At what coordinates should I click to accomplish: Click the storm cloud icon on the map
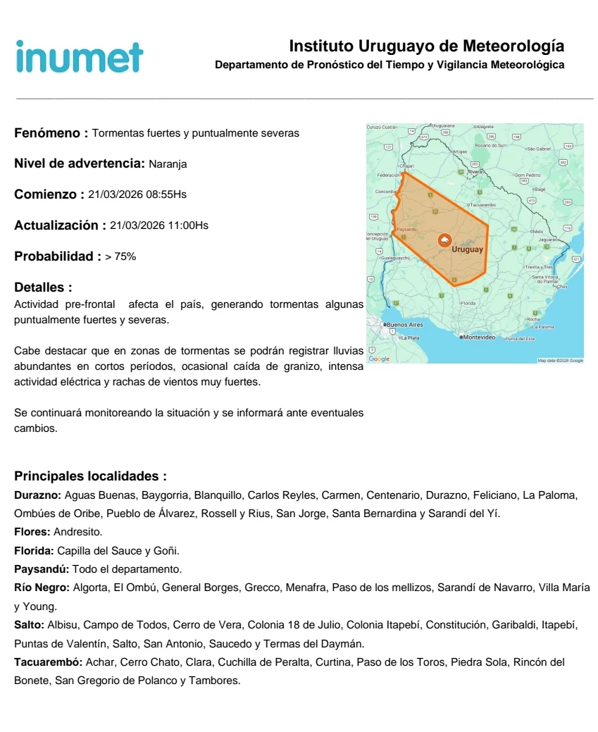(444, 240)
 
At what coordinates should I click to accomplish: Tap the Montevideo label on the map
(481, 337)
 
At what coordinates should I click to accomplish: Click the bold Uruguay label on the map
(467, 249)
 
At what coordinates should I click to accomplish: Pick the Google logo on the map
(379, 359)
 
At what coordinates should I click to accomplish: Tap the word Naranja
(168, 164)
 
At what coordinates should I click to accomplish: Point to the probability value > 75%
(120, 256)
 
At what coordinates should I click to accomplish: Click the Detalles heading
(43, 287)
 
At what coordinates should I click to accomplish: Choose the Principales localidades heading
(90, 476)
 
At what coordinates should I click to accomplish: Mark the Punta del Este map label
(520, 339)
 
